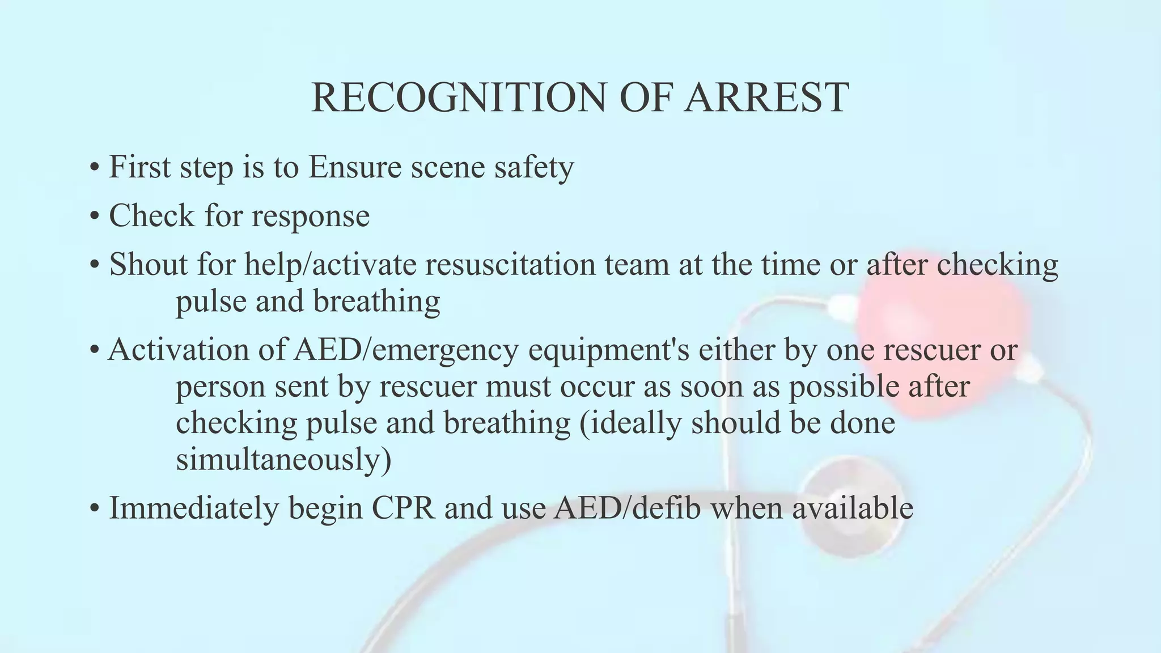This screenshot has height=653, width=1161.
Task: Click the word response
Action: pyautogui.click(x=310, y=217)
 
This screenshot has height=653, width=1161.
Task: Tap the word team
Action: pyautogui.click(x=638, y=265)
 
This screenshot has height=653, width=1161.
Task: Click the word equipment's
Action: pyautogui.click(x=608, y=351)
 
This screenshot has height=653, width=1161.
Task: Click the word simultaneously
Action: pyautogui.click(x=282, y=459)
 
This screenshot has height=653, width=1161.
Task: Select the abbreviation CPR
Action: pyautogui.click(x=403, y=508)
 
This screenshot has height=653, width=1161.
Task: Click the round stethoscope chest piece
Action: pyautogui.click(x=850, y=504)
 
